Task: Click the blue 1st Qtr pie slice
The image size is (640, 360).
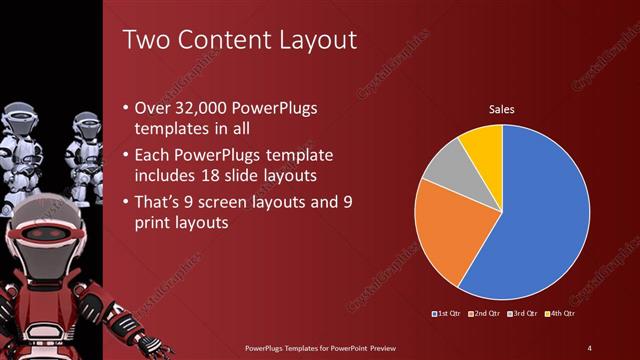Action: tap(530, 220)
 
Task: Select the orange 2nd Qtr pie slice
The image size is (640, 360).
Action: tap(446, 230)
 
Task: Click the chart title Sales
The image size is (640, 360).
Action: tap(501, 109)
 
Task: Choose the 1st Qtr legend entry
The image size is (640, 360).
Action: tap(447, 314)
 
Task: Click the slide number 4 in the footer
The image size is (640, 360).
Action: tap(590, 347)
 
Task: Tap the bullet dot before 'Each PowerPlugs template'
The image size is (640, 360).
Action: tap(124, 157)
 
